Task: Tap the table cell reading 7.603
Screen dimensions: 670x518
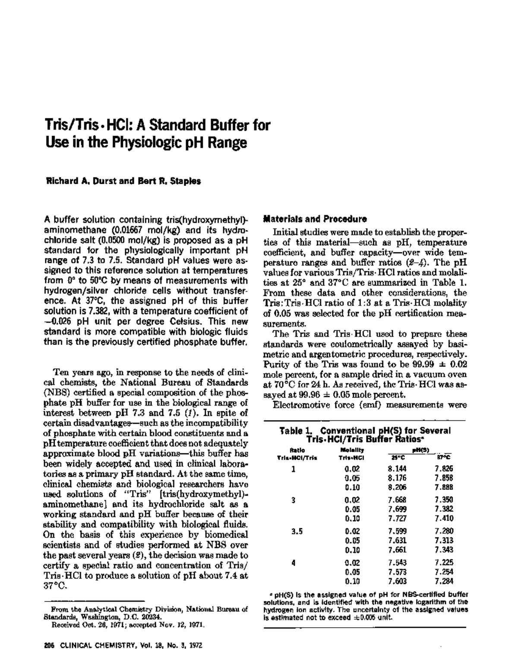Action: pyautogui.click(x=397, y=581)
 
